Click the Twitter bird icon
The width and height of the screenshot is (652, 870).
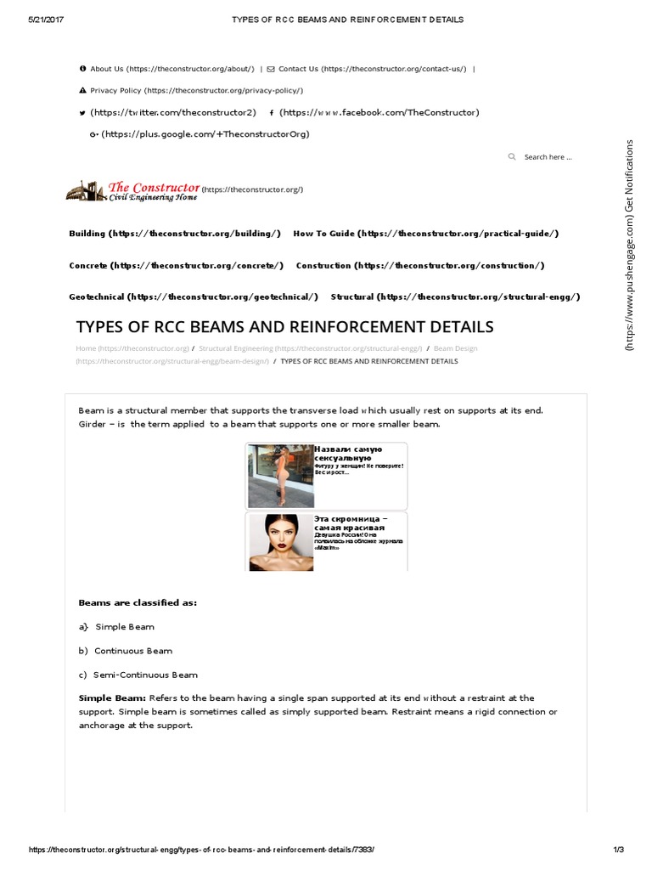tap(81, 113)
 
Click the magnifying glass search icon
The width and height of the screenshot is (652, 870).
tap(511, 157)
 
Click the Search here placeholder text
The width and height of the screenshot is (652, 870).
tap(548, 157)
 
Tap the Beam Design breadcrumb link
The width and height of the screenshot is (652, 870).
tap(455, 348)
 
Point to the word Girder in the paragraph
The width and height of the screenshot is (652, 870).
tap(93, 424)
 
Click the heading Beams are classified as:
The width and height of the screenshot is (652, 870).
tap(138, 602)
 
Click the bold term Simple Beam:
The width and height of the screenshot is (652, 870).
tap(112, 698)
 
